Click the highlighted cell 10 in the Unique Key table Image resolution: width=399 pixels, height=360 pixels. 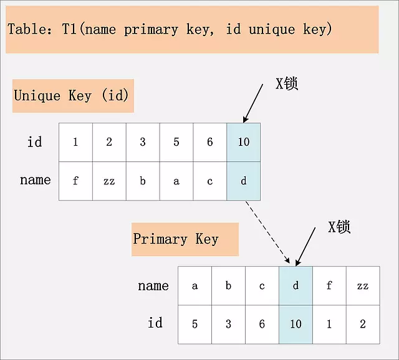[x=244, y=142]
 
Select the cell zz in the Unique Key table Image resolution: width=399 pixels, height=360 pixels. [x=109, y=181]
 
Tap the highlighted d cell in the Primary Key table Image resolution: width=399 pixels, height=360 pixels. [x=296, y=286]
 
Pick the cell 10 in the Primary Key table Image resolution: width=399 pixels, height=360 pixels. [x=296, y=324]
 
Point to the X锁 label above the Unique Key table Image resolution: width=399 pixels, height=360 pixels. [x=287, y=83]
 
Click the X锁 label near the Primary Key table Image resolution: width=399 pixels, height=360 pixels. [x=339, y=227]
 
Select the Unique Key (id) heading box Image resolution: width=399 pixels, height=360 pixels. [x=74, y=96]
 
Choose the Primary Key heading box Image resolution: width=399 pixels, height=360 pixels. [x=185, y=239]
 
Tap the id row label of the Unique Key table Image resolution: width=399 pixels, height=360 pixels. [x=35, y=141]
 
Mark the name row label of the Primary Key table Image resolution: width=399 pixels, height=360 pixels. [x=153, y=286]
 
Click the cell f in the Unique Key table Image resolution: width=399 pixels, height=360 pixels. [x=75, y=181]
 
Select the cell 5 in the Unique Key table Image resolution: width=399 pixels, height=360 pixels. [x=176, y=142]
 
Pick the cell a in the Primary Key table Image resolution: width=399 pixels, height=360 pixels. [x=195, y=286]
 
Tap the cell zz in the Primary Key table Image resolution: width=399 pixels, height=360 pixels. [x=363, y=286]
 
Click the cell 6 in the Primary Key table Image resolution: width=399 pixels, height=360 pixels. [x=262, y=324]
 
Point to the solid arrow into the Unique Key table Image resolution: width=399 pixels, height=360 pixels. [x=253, y=103]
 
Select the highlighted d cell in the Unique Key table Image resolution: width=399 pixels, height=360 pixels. [x=244, y=181]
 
